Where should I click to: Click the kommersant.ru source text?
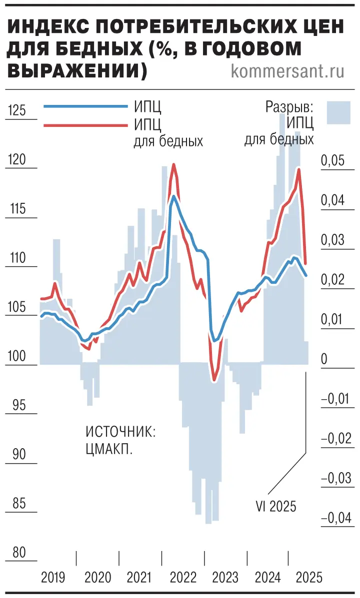pyautogui.click(x=288, y=71)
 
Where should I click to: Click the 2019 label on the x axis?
pyautogui.click(x=53, y=578)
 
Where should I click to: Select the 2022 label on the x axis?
pyautogui.click(x=183, y=578)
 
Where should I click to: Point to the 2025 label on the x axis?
pyautogui.click(x=310, y=578)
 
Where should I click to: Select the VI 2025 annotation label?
pyautogui.click(x=276, y=507)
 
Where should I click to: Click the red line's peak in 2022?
pyautogui.click(x=174, y=164)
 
